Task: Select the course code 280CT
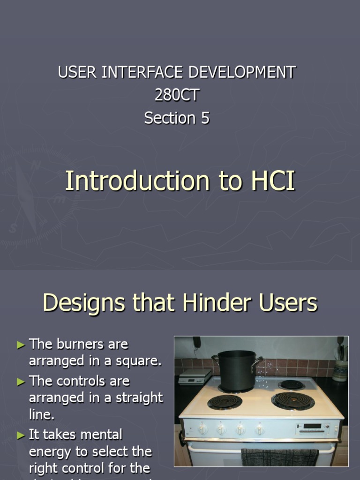tap(177, 95)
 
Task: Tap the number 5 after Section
tap(205, 118)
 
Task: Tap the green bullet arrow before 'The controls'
tap(21, 382)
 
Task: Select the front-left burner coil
tap(225, 402)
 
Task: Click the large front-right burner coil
tap(293, 400)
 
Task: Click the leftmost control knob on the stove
tap(202, 428)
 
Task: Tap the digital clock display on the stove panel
tap(312, 427)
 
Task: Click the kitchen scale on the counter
tap(195, 375)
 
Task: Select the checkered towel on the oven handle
tap(279, 457)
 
